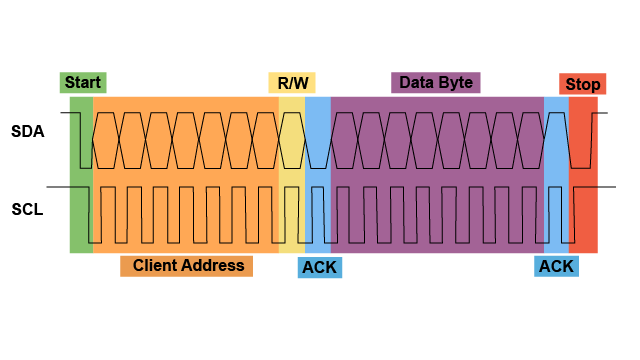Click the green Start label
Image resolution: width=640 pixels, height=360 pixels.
[x=83, y=83]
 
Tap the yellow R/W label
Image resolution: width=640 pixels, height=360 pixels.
[x=292, y=83]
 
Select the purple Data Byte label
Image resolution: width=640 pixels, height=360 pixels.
[x=435, y=82]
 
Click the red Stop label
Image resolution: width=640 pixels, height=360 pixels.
[x=582, y=84]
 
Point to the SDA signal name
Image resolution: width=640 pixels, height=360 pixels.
[x=28, y=131]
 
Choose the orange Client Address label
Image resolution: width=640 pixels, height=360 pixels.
[x=187, y=266]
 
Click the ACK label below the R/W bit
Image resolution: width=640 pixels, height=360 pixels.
[x=320, y=267]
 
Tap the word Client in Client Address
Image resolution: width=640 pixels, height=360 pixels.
[x=158, y=266]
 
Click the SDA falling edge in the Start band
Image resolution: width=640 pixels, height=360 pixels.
[x=81, y=140]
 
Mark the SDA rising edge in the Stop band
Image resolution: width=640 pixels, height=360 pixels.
[x=591, y=140]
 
